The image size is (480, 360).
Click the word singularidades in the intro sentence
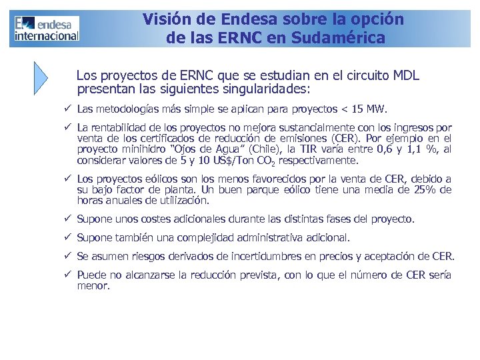point(266,88)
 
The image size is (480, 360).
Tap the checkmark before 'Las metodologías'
point(68,109)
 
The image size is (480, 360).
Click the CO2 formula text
point(265,161)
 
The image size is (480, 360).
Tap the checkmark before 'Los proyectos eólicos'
point(68,179)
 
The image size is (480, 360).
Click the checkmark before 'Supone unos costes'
point(68,219)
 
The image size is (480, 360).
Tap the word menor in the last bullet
point(93,285)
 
